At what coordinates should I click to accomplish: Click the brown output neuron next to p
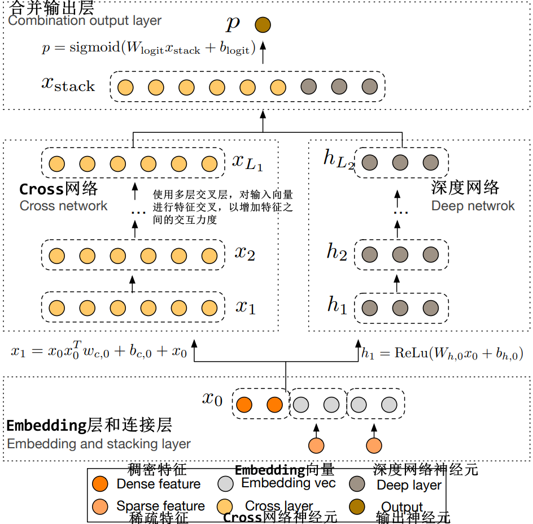tap(263, 25)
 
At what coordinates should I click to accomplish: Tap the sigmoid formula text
tap(148, 48)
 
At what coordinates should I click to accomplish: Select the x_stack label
tap(68, 85)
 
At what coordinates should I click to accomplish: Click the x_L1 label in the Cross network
tap(247, 162)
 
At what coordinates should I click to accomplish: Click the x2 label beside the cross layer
tap(244, 253)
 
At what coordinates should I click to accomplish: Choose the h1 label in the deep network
tap(337, 305)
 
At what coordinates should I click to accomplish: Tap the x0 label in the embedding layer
tap(212, 399)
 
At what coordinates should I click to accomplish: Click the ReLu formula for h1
tap(442, 354)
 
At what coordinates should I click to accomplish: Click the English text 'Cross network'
tap(63, 206)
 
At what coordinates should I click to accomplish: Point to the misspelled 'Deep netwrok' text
tap(473, 206)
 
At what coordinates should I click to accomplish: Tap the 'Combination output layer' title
tap(85, 21)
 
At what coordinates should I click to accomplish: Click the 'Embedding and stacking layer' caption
tap(99, 444)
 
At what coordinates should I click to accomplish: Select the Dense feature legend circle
tap(100, 484)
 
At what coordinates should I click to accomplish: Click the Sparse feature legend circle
tap(100, 505)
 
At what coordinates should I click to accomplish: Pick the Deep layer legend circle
tap(357, 484)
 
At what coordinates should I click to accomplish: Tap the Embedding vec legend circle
tap(225, 484)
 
